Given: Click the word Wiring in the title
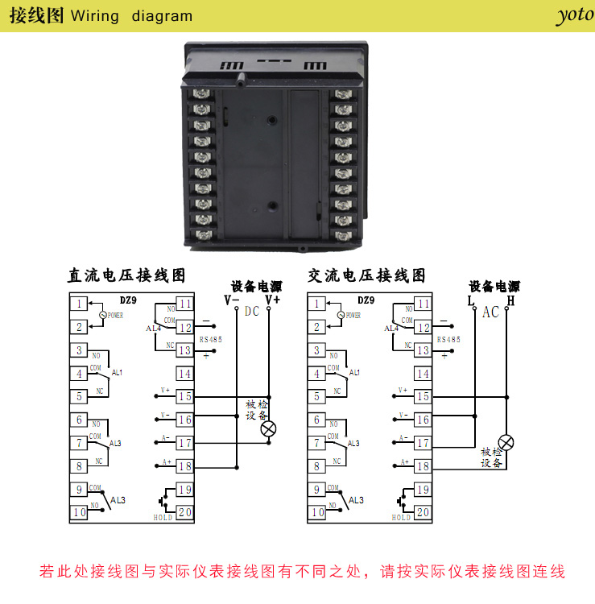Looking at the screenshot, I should tap(95, 16).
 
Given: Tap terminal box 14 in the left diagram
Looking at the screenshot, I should tap(184, 374).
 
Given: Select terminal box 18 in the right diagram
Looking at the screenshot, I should tap(423, 465).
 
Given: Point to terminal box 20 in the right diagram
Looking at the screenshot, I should tap(423, 511).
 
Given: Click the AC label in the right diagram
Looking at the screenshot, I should tap(490, 312).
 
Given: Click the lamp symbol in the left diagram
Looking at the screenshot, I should tap(269, 428).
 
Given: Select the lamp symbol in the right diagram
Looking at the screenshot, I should tap(506, 441).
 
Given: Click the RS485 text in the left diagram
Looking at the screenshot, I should tap(211, 340).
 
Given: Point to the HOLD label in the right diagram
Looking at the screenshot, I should tap(402, 518).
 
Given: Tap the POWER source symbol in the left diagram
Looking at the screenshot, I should tap(101, 315).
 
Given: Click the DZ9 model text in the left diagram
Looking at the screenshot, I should tap(127, 300).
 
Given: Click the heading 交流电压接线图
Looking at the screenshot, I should tap(366, 275).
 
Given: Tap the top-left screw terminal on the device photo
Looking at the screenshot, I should tap(201, 93).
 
